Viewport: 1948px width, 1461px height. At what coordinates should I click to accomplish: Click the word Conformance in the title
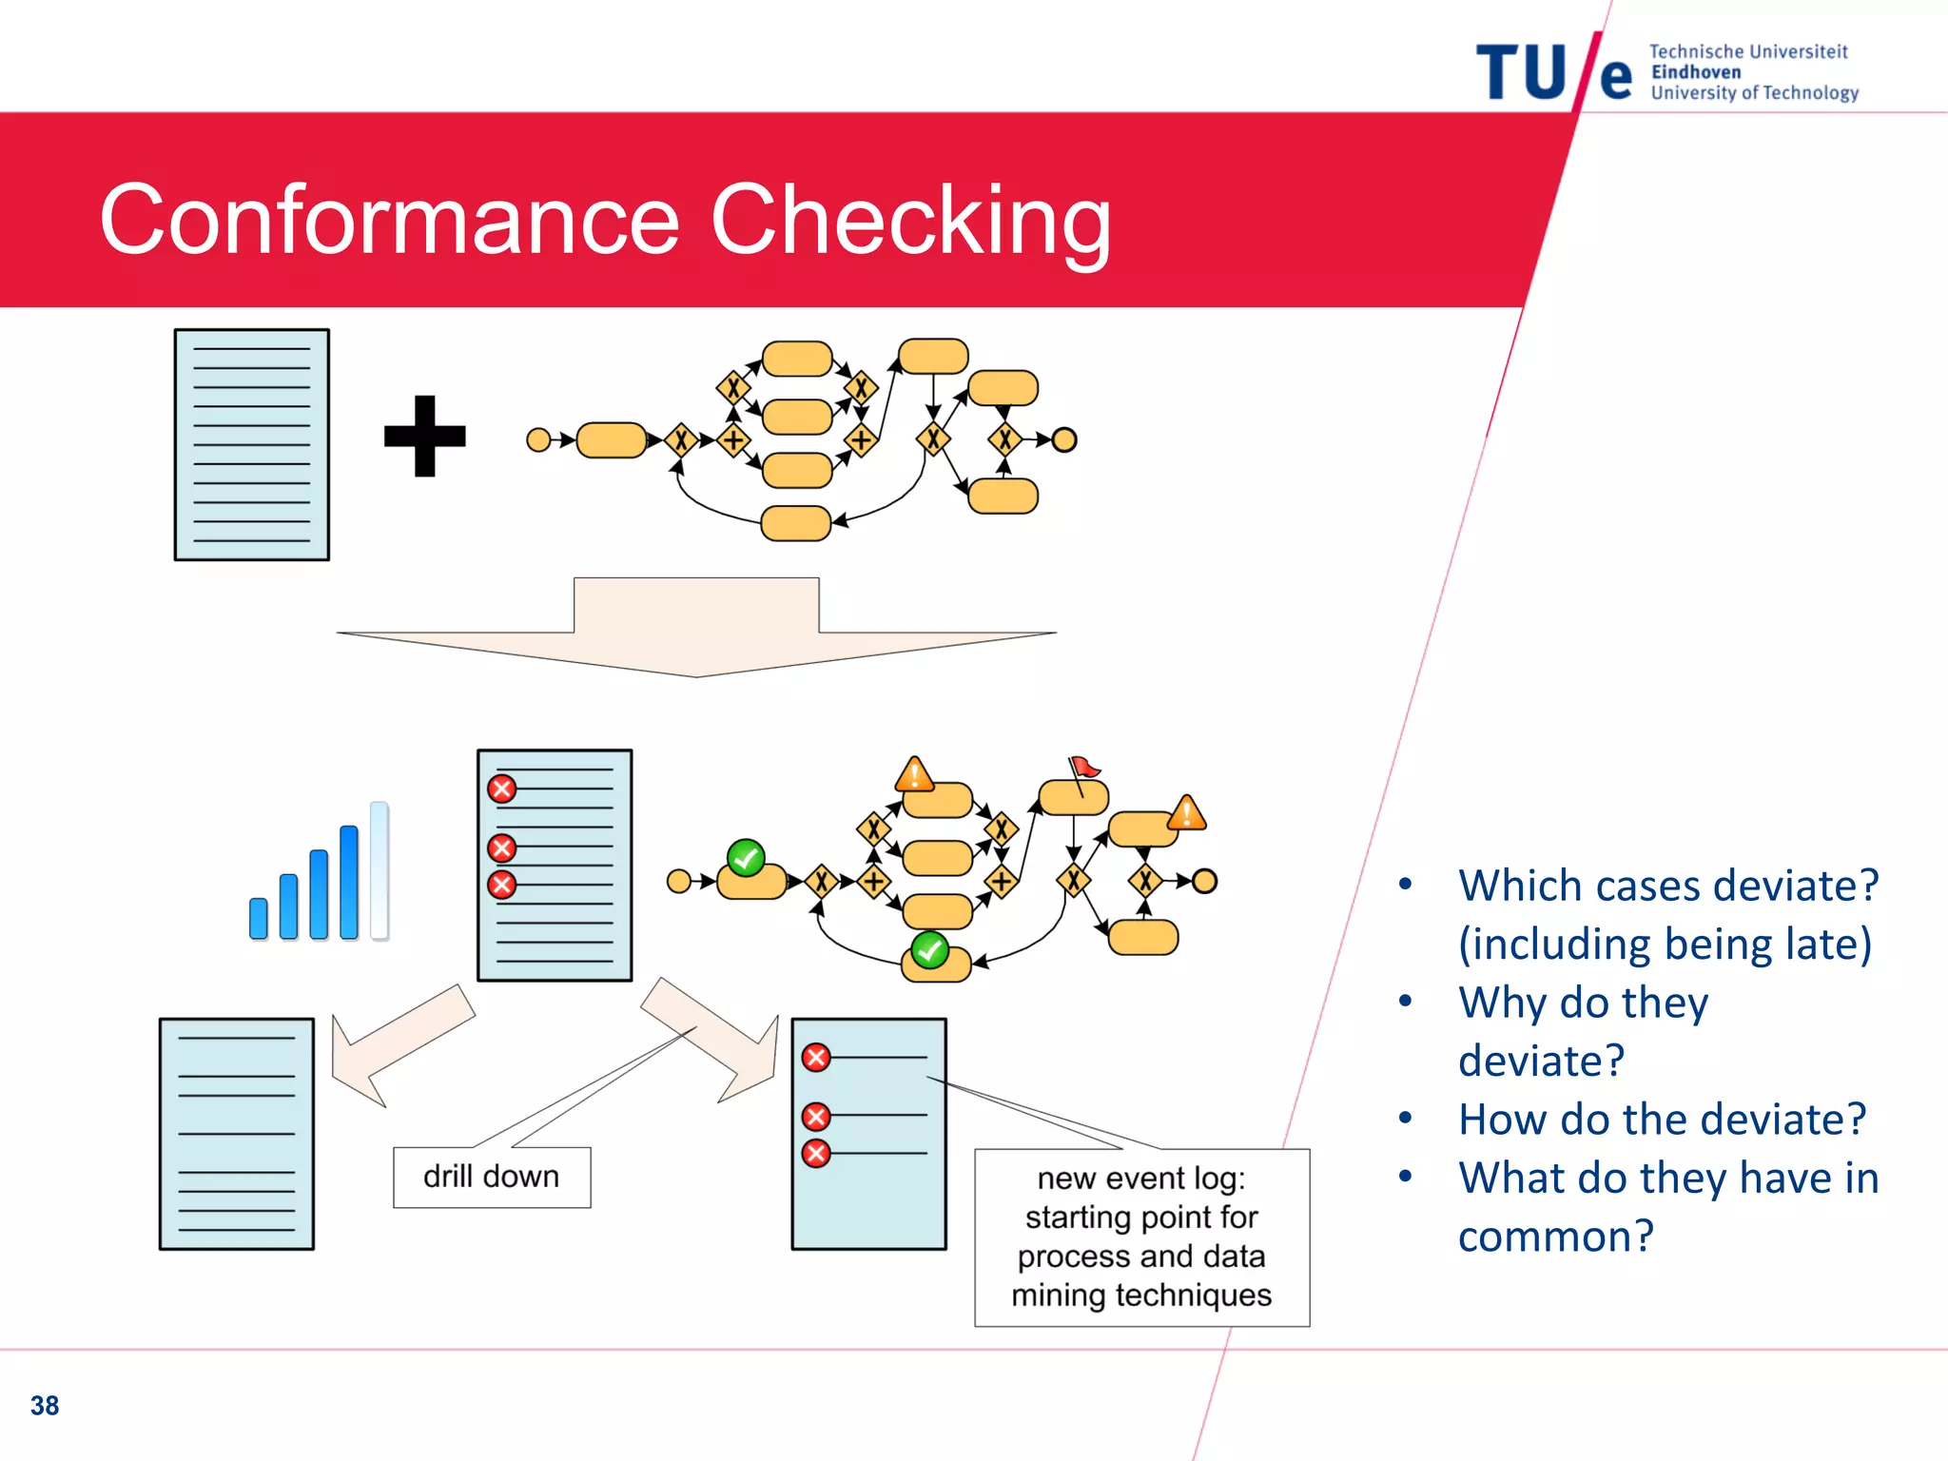(x=390, y=221)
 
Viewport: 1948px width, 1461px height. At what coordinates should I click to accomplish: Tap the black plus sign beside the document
(x=424, y=437)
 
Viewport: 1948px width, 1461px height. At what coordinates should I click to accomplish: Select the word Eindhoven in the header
(x=1695, y=72)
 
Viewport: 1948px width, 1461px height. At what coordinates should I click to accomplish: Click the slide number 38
(x=45, y=1405)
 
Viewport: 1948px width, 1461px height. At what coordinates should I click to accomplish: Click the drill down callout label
(x=491, y=1177)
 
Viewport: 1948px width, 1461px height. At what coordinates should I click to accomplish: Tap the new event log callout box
(x=1141, y=1237)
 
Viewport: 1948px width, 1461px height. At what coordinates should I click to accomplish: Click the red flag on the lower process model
(x=1083, y=767)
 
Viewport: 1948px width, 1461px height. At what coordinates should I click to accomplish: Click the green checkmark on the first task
(x=746, y=858)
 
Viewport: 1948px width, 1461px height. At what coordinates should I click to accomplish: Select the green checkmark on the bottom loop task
(x=929, y=949)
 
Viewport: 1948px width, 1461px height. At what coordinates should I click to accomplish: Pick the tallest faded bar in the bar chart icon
(x=380, y=869)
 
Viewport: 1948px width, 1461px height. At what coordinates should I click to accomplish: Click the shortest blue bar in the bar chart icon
(x=258, y=918)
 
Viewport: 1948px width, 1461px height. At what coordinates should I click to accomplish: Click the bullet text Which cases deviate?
(x=1668, y=886)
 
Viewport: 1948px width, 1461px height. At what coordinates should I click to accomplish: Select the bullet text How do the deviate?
(x=1662, y=1120)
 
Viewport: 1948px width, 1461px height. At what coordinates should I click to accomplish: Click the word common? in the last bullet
(x=1555, y=1237)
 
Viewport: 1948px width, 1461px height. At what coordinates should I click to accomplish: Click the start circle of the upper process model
(x=538, y=439)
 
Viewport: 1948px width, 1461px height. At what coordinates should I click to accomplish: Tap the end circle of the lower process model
(x=1204, y=881)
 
